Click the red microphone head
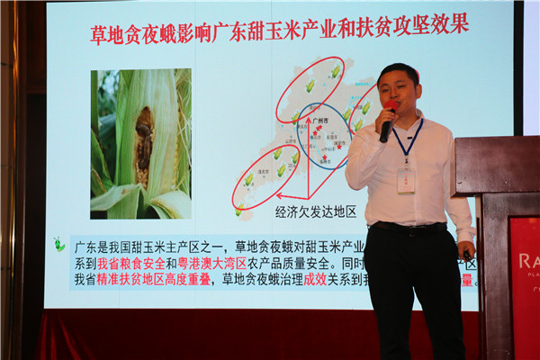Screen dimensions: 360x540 pos(392,107)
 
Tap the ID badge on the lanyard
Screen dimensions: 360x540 pos(406,178)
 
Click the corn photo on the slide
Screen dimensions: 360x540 pos(140,143)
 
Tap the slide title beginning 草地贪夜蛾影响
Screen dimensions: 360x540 pos(280,23)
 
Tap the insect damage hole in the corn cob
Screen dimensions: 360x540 pos(143,139)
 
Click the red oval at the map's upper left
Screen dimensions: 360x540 pos(309,84)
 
